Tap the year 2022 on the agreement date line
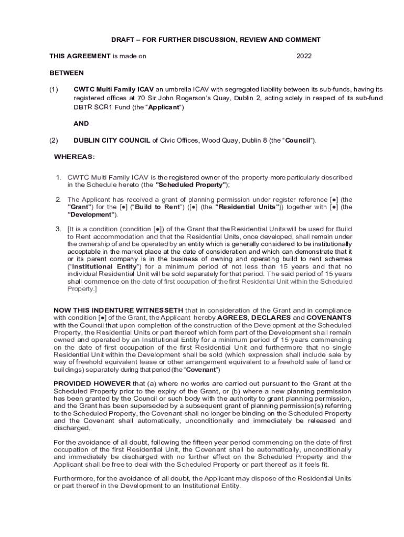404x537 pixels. [x=304, y=56]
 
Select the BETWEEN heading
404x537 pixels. [x=67, y=73]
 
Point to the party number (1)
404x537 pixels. [x=54, y=90]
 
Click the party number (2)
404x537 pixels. [x=54, y=141]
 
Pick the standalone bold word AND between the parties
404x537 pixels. [x=81, y=124]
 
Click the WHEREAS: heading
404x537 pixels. [x=75, y=157]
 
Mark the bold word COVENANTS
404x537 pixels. [x=329, y=318]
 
